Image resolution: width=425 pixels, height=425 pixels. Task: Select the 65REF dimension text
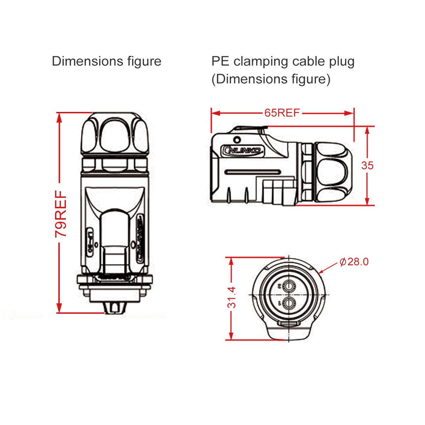coord(282,113)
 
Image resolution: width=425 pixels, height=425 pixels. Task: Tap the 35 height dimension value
coord(367,165)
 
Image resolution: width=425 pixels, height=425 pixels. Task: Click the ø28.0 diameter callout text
coord(354,262)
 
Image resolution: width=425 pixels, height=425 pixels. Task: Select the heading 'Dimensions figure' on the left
coord(106,61)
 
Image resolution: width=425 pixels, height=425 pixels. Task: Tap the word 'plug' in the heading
coord(341,62)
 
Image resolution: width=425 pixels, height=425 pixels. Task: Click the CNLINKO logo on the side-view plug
coord(243,151)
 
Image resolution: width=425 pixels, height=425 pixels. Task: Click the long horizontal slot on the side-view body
coord(253,172)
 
